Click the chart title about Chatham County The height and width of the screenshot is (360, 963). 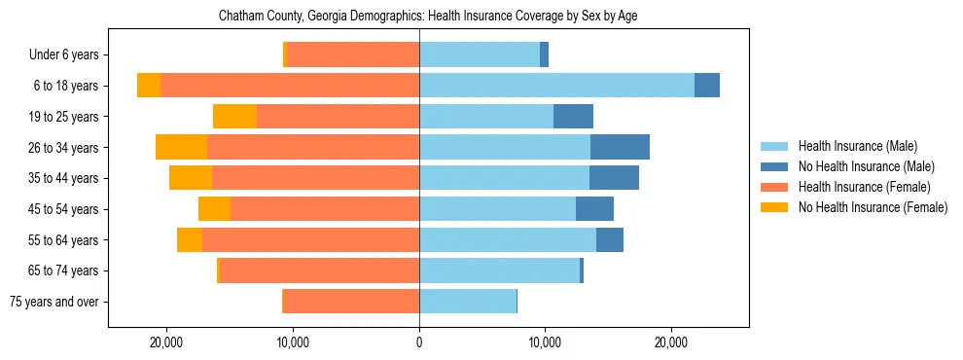[428, 17]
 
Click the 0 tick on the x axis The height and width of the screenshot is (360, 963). [419, 342]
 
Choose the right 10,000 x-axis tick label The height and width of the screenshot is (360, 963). [545, 342]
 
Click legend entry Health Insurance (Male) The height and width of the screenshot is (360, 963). [857, 146]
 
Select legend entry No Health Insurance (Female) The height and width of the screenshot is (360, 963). [873, 207]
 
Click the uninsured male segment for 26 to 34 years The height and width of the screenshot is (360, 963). [620, 147]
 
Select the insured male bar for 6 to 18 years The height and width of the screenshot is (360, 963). [556, 86]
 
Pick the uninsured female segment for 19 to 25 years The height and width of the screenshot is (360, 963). [234, 117]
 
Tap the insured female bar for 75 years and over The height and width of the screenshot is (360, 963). [351, 302]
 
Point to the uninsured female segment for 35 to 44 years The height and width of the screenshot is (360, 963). [191, 178]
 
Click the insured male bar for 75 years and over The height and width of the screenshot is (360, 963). [468, 302]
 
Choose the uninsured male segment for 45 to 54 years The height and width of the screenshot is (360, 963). [594, 209]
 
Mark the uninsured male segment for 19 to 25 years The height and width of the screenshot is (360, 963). [573, 117]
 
